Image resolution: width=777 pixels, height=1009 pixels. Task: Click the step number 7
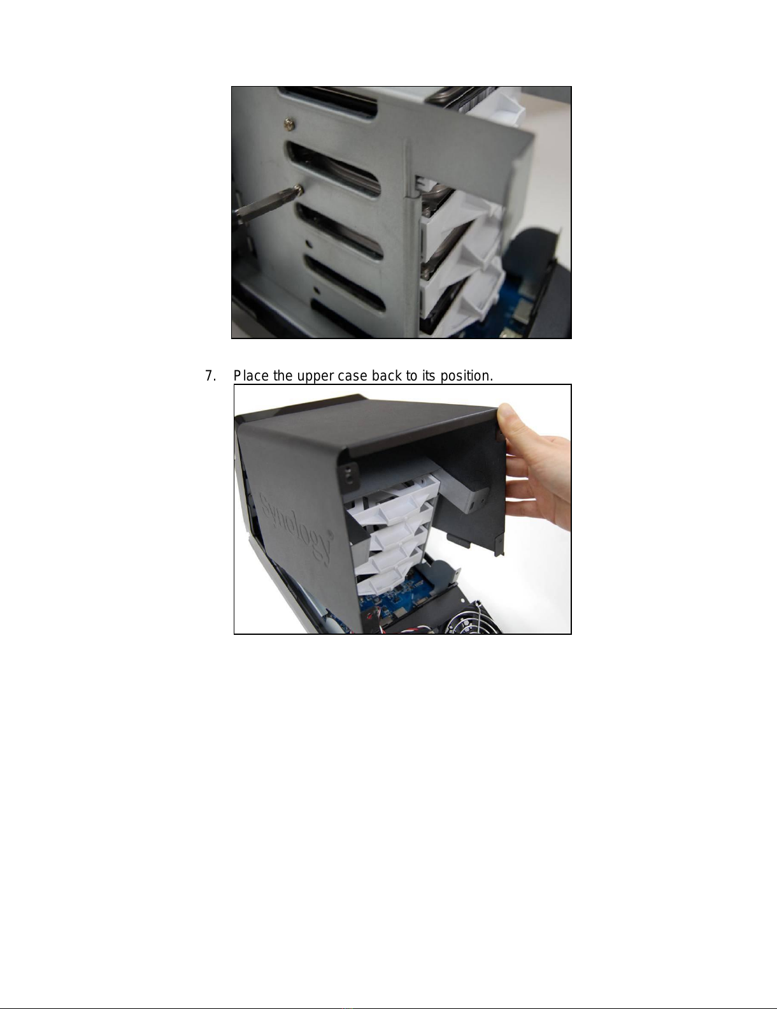(211, 375)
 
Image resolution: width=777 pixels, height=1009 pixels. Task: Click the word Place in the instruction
(251, 375)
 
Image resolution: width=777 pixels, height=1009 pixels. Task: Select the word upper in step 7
(315, 377)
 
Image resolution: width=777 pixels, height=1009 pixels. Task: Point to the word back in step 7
(387, 375)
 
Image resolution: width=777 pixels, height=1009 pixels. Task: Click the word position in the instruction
(466, 376)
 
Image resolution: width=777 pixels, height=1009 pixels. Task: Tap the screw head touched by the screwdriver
(299, 189)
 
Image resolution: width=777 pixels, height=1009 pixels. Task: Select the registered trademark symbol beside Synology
(331, 534)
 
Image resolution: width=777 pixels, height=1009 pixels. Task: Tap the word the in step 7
(283, 375)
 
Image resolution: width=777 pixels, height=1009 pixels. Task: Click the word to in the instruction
(411, 376)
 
